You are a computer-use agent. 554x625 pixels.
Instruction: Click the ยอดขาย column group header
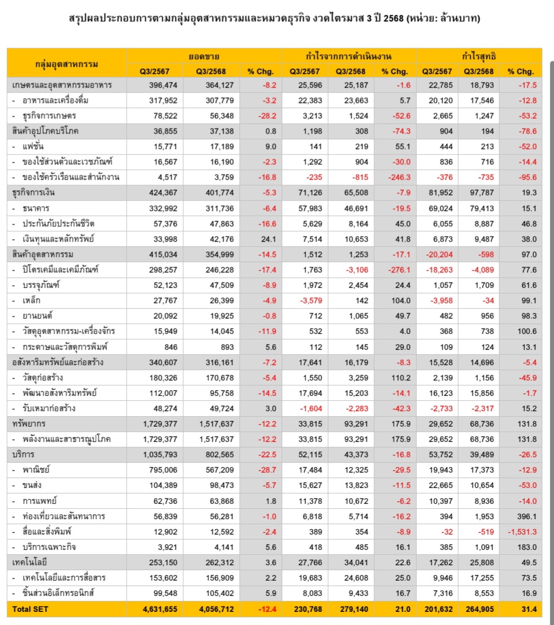pos(203,55)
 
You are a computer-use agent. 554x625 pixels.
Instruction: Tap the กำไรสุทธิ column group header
pos(479,55)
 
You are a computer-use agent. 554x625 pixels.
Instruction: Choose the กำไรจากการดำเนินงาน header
pos(348,55)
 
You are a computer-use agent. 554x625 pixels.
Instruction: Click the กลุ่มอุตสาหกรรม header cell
pos(66,64)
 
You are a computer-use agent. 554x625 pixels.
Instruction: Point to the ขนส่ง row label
pos(33,486)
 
